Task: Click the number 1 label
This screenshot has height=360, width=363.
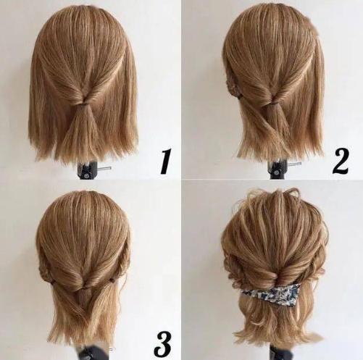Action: coord(166,161)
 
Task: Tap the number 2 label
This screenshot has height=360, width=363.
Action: coord(341,162)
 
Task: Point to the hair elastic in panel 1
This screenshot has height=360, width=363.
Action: coord(84,104)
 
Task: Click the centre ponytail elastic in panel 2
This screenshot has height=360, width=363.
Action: coord(274,104)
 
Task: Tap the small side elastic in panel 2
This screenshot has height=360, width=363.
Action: coord(240,97)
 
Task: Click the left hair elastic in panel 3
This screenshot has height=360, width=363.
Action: coord(53,282)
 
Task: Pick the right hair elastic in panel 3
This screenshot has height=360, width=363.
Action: coord(112,280)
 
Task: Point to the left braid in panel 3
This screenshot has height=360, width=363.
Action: coord(45,270)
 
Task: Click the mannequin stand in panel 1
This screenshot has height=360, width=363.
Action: coord(87,170)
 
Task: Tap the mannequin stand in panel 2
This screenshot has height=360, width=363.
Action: coord(278,169)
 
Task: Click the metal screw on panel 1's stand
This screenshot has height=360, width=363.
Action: coord(106,168)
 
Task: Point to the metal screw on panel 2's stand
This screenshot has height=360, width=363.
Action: coord(295,164)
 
